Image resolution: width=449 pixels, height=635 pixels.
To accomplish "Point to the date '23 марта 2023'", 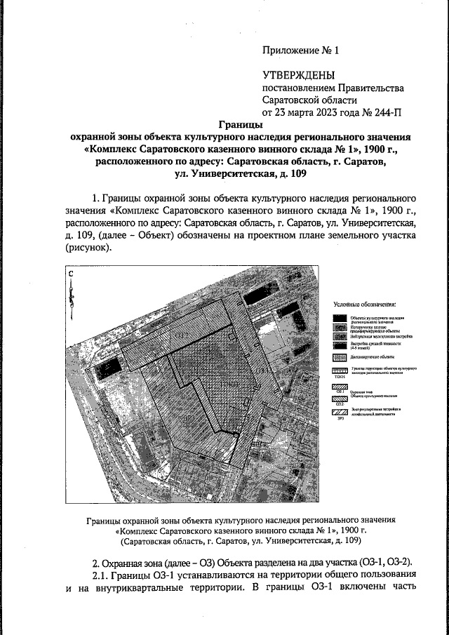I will click(x=312, y=112).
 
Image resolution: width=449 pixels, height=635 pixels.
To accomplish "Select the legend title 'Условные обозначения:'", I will click(x=364, y=305).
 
